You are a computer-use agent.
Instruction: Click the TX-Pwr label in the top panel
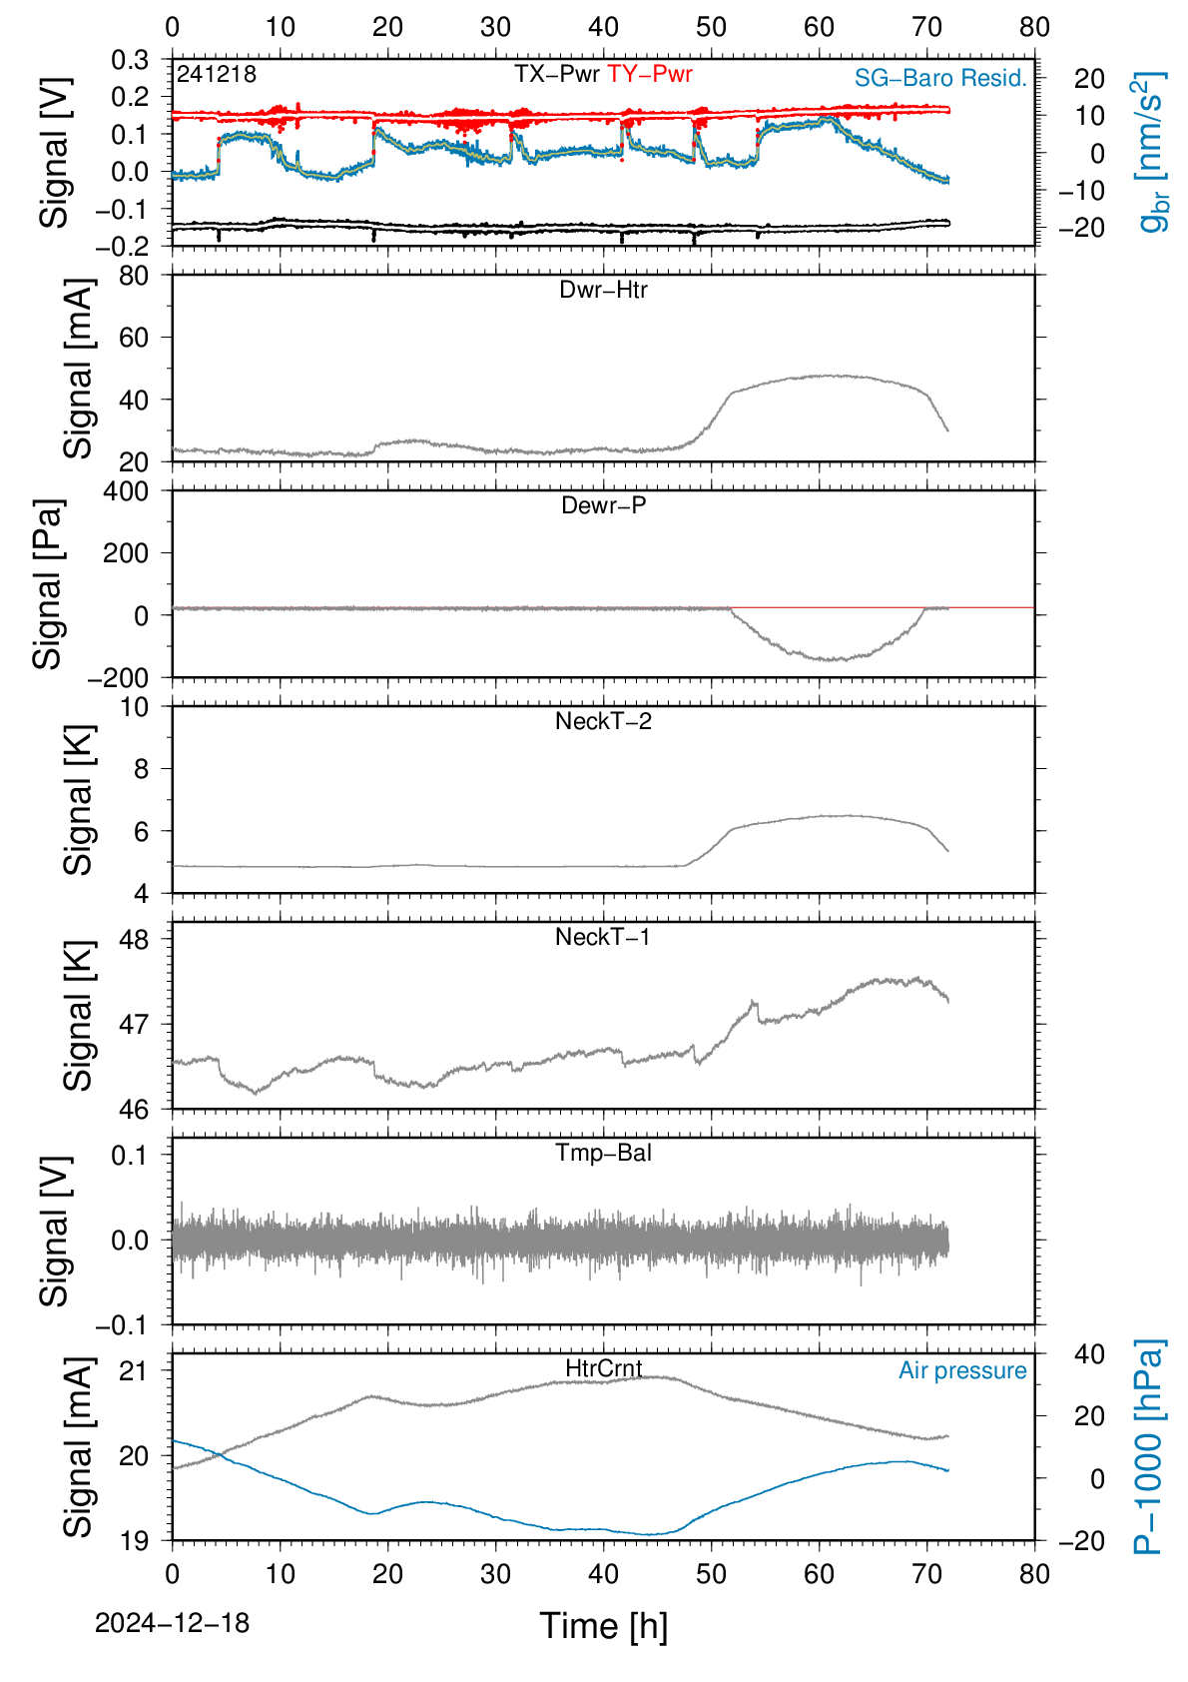tap(556, 74)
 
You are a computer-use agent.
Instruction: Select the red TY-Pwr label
tap(650, 74)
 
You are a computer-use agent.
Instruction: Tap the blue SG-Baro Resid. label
tap(940, 77)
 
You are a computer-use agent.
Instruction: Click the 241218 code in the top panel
tap(217, 74)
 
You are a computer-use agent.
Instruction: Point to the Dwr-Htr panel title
tap(603, 290)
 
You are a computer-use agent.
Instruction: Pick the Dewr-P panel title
tap(603, 505)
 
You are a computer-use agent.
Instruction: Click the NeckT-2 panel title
tap(603, 721)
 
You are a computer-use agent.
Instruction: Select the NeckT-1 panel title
tap(603, 936)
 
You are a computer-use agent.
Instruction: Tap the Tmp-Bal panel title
tap(603, 1153)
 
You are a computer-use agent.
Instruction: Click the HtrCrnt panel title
tap(603, 1367)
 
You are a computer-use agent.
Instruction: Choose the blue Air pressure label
tap(962, 1370)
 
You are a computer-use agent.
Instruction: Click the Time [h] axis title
tap(603, 1626)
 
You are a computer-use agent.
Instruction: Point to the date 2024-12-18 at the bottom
tap(172, 1623)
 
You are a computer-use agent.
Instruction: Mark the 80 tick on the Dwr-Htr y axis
tap(135, 276)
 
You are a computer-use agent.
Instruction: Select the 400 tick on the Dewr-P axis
tap(126, 491)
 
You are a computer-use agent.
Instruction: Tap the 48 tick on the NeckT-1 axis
tap(135, 939)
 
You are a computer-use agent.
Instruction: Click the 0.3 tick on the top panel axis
tap(131, 60)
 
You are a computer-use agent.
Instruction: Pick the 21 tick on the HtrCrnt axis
tap(135, 1370)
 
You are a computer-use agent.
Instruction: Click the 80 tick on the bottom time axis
tap(1035, 1573)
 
